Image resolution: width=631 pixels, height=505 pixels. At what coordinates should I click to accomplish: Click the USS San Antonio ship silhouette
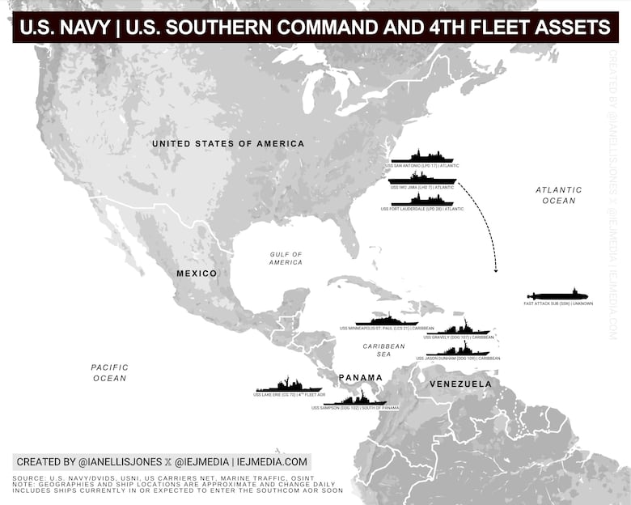(422, 156)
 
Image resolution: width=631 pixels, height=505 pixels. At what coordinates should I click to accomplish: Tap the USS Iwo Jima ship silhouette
(422, 178)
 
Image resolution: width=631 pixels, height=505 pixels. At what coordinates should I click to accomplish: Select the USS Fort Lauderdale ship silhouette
(422, 200)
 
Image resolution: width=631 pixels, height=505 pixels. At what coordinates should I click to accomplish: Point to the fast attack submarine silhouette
(558, 295)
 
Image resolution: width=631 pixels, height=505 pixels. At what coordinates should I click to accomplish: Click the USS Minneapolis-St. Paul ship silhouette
(387, 320)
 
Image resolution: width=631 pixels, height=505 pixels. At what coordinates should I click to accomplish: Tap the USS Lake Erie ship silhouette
(289, 386)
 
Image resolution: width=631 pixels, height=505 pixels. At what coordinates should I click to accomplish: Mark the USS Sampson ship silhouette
(355, 398)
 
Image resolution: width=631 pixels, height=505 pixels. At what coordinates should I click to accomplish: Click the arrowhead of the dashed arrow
(496, 269)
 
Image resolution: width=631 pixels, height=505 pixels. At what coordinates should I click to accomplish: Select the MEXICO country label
(197, 274)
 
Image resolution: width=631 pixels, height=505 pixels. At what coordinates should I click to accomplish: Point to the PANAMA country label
(360, 378)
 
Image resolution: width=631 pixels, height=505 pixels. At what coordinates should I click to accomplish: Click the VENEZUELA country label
(460, 383)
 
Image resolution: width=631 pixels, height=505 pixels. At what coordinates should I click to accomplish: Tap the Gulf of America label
(286, 258)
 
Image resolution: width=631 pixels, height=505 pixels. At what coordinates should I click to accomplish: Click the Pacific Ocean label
(109, 372)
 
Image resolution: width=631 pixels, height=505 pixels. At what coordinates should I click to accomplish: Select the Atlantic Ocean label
(558, 195)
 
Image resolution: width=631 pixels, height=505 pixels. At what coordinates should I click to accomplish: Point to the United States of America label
(228, 143)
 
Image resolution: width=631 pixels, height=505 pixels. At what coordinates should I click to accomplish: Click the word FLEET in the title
(502, 28)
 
